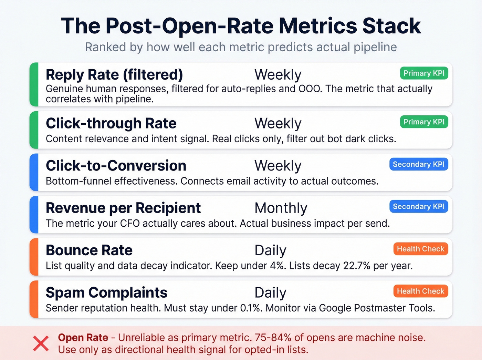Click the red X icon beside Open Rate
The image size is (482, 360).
pos(41,343)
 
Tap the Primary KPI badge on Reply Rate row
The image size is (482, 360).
pos(424,73)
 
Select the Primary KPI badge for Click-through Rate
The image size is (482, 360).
pos(424,122)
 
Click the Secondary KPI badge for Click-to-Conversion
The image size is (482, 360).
pos(419,164)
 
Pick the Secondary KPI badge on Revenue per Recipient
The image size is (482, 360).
pos(419,207)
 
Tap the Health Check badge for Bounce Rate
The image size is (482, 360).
pos(420,249)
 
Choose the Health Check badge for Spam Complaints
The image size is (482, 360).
pos(420,291)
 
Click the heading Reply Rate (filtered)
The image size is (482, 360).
pos(114,75)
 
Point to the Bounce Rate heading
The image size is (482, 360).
pos(89,250)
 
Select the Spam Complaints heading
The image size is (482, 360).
pos(107,293)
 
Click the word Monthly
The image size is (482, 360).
pos(281,208)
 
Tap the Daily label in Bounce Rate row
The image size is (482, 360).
pos(270,250)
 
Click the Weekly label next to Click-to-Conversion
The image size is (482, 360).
pos(278,166)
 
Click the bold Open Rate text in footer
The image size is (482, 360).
pos(83,338)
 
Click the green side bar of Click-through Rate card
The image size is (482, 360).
pos(34,130)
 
